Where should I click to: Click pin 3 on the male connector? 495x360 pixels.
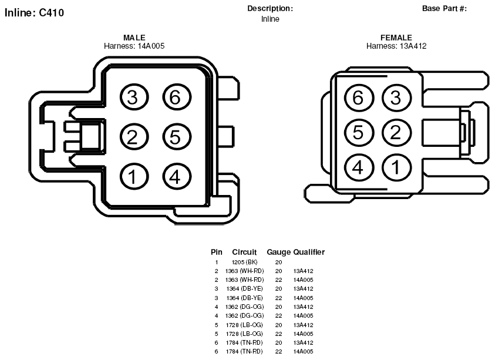(134, 97)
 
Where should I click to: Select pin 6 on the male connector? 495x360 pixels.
(177, 97)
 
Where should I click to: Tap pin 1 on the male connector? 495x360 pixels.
(134, 177)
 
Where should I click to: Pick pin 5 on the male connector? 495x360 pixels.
(177, 137)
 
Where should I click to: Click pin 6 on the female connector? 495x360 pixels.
(359, 97)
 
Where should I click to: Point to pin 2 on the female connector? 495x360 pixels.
(396, 132)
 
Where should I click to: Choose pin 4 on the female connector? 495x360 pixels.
(359, 167)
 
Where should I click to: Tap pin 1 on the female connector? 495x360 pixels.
(396, 167)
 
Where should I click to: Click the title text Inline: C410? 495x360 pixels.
(35, 13)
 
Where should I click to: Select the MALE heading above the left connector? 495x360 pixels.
(134, 38)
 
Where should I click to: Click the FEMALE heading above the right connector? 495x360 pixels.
(396, 38)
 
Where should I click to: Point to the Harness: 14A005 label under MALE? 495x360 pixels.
(134, 46)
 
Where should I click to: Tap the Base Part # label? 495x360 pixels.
(444, 9)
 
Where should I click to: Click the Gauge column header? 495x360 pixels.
(278, 252)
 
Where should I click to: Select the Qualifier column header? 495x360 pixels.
(309, 252)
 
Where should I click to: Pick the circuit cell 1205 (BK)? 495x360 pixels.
(245, 262)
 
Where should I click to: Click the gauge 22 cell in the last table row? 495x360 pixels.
(278, 351)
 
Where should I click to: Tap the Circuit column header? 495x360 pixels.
(244, 252)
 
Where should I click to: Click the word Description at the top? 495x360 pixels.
(270, 9)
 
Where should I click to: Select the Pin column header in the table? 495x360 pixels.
(217, 252)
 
